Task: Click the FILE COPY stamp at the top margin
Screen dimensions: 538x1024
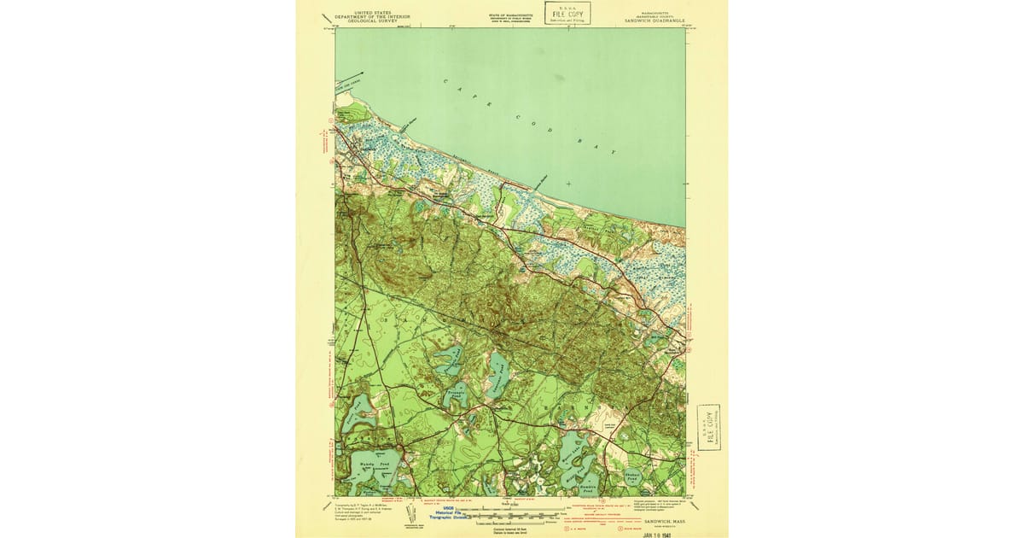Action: [567, 13]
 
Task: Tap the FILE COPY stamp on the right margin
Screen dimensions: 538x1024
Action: [707, 427]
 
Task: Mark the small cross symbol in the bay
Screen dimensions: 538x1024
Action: [568, 184]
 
